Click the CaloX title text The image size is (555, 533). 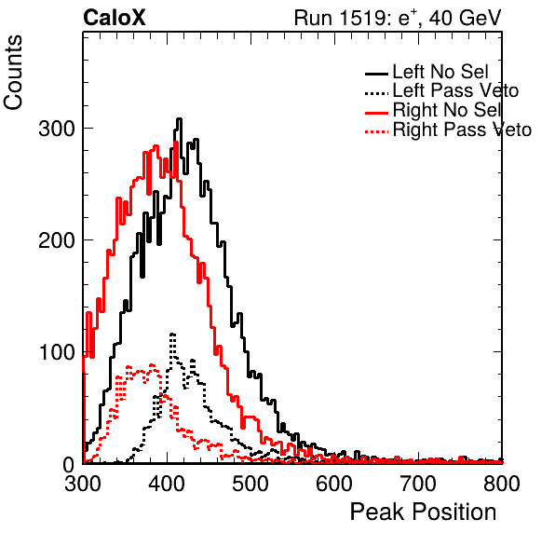coord(115,18)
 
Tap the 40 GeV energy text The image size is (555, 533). coord(466,18)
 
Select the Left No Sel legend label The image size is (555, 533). coord(440,72)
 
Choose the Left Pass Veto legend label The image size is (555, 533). coord(456,90)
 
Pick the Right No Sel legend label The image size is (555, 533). coord(447,110)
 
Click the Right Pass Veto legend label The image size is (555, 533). coord(462,130)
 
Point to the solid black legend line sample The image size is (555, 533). coord(376,74)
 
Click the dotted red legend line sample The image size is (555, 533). coord(376,131)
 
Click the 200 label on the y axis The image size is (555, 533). coord(57,240)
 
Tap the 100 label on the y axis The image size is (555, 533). coord(57,352)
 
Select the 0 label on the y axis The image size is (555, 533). coord(69,464)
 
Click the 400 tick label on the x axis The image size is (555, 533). coord(167,484)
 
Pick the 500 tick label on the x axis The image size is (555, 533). coord(250,484)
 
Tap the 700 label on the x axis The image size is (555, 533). coord(418,484)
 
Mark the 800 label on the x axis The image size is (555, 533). coord(502,484)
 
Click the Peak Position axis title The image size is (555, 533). coord(424,512)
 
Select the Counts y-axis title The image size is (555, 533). coord(13,73)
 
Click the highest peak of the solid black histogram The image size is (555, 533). coord(179,119)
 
